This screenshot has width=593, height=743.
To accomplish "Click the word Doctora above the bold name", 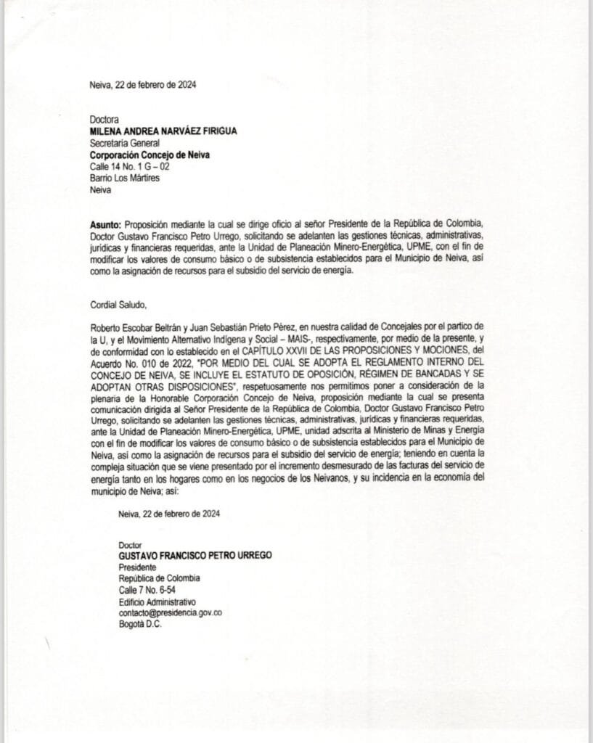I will point(103,119).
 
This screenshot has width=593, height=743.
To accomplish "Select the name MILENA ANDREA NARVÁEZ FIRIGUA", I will point(163,131).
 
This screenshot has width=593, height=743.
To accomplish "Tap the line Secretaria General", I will point(122,143).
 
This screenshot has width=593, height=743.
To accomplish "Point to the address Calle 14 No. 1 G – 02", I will point(129,167).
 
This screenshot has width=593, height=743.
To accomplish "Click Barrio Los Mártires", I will point(124,178).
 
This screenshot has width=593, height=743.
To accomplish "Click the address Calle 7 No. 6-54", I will point(147,590).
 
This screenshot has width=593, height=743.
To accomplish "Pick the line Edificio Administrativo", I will point(158,602).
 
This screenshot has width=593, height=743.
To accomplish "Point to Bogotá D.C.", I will point(140,625).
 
